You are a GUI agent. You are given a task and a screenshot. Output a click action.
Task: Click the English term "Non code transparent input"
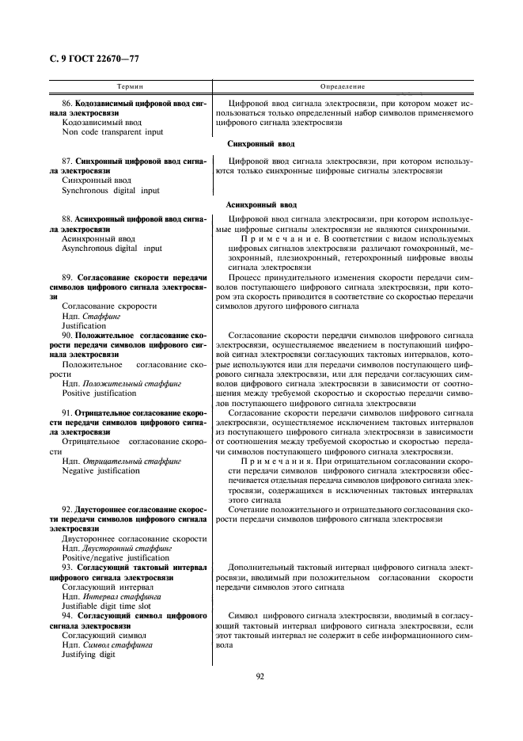click(x=112, y=132)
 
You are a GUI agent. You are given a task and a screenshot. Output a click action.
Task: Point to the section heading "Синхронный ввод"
click(x=260, y=144)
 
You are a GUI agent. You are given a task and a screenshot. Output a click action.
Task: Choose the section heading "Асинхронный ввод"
click(x=260, y=203)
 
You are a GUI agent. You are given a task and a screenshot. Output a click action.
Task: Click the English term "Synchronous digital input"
click(x=110, y=190)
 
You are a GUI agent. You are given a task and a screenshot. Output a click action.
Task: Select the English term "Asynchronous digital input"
click(x=112, y=249)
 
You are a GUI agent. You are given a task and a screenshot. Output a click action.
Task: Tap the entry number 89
click(x=66, y=278)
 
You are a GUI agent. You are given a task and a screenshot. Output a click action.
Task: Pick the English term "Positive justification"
click(x=99, y=393)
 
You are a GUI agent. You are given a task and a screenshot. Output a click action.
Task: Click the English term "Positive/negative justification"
click(x=116, y=557)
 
